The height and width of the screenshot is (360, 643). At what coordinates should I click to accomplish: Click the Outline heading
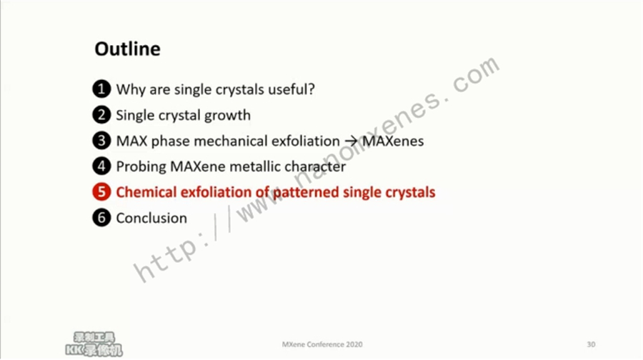click(128, 49)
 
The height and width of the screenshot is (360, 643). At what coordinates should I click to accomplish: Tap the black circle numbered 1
click(101, 89)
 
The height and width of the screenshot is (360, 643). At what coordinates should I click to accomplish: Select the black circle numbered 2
click(101, 115)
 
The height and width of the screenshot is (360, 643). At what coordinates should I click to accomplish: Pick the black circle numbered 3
click(101, 141)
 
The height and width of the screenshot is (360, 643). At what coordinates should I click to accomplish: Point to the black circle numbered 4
click(101, 166)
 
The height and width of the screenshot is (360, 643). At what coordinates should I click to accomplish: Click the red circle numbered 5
click(101, 192)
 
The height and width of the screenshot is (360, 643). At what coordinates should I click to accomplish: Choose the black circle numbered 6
click(101, 218)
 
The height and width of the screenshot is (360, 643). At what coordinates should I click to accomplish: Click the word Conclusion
click(151, 218)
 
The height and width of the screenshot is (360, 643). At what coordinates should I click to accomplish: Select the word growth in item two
click(227, 116)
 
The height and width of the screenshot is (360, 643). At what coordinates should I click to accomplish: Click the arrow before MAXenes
click(351, 141)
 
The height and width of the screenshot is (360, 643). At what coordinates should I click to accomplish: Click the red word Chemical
click(146, 192)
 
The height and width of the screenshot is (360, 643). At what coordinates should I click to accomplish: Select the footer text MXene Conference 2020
click(322, 344)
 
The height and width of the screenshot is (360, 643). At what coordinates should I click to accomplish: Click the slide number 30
click(591, 344)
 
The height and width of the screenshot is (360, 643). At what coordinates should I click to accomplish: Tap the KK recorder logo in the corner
click(94, 344)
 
